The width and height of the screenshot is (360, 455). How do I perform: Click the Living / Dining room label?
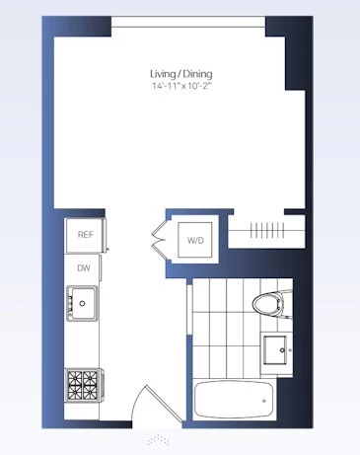point(181,74)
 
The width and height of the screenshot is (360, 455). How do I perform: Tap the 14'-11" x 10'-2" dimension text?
point(181,86)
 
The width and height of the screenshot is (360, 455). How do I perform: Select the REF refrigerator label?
point(86,235)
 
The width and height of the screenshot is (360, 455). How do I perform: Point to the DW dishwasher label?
point(84,268)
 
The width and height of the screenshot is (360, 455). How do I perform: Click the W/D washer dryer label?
point(195,241)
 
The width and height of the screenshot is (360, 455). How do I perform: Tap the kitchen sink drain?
point(82,304)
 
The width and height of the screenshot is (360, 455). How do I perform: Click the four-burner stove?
point(84,385)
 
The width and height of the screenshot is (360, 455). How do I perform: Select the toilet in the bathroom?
point(271,304)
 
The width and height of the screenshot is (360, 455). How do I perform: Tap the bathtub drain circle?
point(264,401)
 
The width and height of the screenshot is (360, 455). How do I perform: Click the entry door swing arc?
point(134,402)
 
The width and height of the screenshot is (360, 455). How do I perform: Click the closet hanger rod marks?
point(267,230)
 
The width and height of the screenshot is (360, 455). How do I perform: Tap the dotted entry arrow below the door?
point(159,440)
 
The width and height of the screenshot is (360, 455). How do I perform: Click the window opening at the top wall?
point(188,22)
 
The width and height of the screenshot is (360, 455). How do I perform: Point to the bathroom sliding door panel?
point(189,309)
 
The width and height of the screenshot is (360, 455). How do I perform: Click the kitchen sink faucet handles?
point(70,304)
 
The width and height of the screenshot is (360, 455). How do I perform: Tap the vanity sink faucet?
point(283,350)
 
